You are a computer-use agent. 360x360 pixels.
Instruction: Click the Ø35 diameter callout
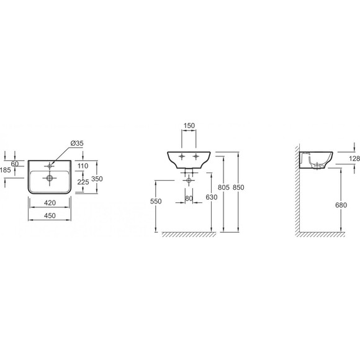pyautogui.click(x=77, y=143)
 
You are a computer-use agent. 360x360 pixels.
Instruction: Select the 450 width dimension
pyautogui.click(x=50, y=215)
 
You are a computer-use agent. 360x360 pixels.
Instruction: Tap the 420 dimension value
pyautogui.click(x=50, y=203)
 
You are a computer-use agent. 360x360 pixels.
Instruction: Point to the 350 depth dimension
pyautogui.click(x=97, y=179)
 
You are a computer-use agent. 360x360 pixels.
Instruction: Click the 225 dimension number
pyautogui.click(x=83, y=182)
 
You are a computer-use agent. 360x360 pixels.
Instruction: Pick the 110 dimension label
pyautogui.click(x=83, y=166)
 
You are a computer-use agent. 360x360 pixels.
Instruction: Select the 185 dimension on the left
pyautogui.click(x=6, y=170)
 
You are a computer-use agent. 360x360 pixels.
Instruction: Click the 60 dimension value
pyautogui.click(x=15, y=164)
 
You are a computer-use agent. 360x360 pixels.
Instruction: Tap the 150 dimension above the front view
pyautogui.click(x=189, y=125)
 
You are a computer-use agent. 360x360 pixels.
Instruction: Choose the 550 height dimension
pyautogui.click(x=156, y=201)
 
